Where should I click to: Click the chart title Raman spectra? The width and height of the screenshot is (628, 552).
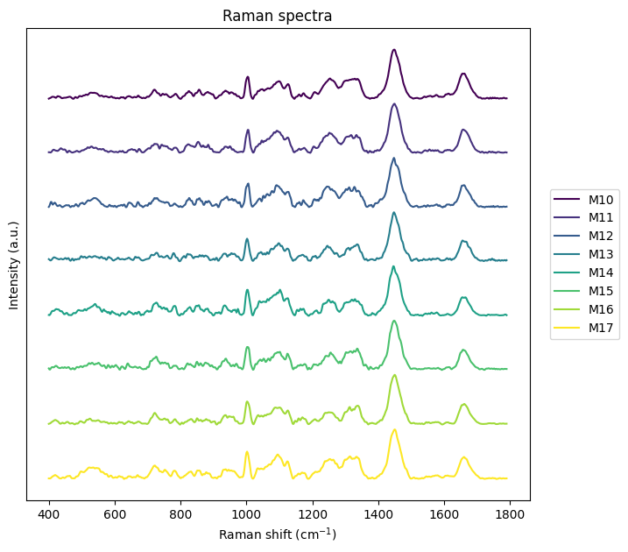pos(277,16)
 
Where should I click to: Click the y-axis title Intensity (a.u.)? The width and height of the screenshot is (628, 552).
pos(14,265)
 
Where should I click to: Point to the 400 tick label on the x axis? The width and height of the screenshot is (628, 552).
pos(49,514)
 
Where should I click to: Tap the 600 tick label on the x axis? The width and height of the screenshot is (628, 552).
pos(115,514)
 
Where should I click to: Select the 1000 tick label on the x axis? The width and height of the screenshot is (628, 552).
pos(246,514)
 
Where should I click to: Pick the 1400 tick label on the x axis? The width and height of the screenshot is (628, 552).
pos(378,514)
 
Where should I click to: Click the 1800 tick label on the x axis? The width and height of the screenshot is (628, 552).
pos(510,514)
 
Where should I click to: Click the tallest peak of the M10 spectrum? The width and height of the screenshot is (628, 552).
pos(394,50)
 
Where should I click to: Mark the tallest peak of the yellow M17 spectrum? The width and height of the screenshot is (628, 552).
pos(394,429)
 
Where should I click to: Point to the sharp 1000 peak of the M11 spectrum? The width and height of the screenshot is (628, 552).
pos(248,130)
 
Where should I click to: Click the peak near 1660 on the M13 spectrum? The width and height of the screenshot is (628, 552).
pos(463,240)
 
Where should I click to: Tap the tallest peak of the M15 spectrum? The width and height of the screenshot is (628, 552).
pos(394,321)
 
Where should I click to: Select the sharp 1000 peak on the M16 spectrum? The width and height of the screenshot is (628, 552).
pos(247,401)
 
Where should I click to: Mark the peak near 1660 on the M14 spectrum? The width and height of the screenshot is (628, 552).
pos(464,297)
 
